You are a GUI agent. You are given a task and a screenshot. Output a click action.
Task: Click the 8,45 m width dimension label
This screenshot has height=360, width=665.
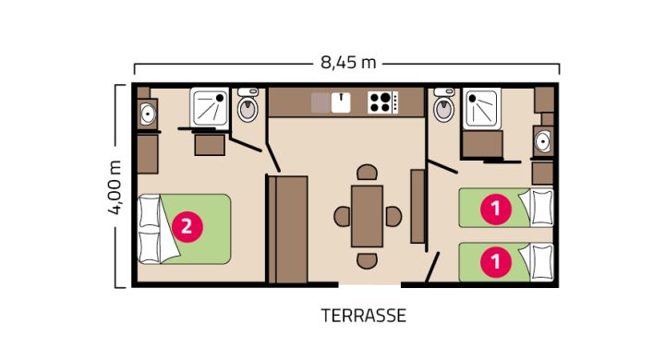point(348,63)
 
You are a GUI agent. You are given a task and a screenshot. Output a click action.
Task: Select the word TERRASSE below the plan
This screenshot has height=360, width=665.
point(364,316)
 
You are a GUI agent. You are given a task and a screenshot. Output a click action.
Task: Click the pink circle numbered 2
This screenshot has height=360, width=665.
point(186,226)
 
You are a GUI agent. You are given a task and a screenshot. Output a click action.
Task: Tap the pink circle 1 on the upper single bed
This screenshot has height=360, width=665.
point(497,209)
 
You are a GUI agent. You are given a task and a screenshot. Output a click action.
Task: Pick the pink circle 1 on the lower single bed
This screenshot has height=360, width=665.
point(497,261)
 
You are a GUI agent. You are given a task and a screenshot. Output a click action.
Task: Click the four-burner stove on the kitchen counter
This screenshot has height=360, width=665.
point(382,102)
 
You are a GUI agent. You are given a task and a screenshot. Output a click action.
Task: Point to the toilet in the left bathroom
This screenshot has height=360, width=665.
point(248,109)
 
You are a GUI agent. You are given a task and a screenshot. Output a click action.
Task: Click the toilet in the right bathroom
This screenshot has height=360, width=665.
point(444,109)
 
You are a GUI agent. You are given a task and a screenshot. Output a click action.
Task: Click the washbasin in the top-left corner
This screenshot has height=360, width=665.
point(147,114)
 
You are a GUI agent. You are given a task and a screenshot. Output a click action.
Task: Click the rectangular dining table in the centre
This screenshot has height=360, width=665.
point(368,216)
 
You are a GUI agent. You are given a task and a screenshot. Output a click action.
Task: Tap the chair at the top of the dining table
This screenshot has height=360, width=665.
point(368,174)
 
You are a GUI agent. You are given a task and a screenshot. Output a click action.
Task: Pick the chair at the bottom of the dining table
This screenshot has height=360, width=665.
point(368,259)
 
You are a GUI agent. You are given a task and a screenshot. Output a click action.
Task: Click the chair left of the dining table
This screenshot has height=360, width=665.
point(342,216)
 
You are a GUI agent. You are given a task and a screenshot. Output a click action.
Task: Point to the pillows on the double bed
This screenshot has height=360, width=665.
point(149,229)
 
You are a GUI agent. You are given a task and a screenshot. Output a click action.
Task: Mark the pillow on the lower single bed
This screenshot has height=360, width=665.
point(539,261)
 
